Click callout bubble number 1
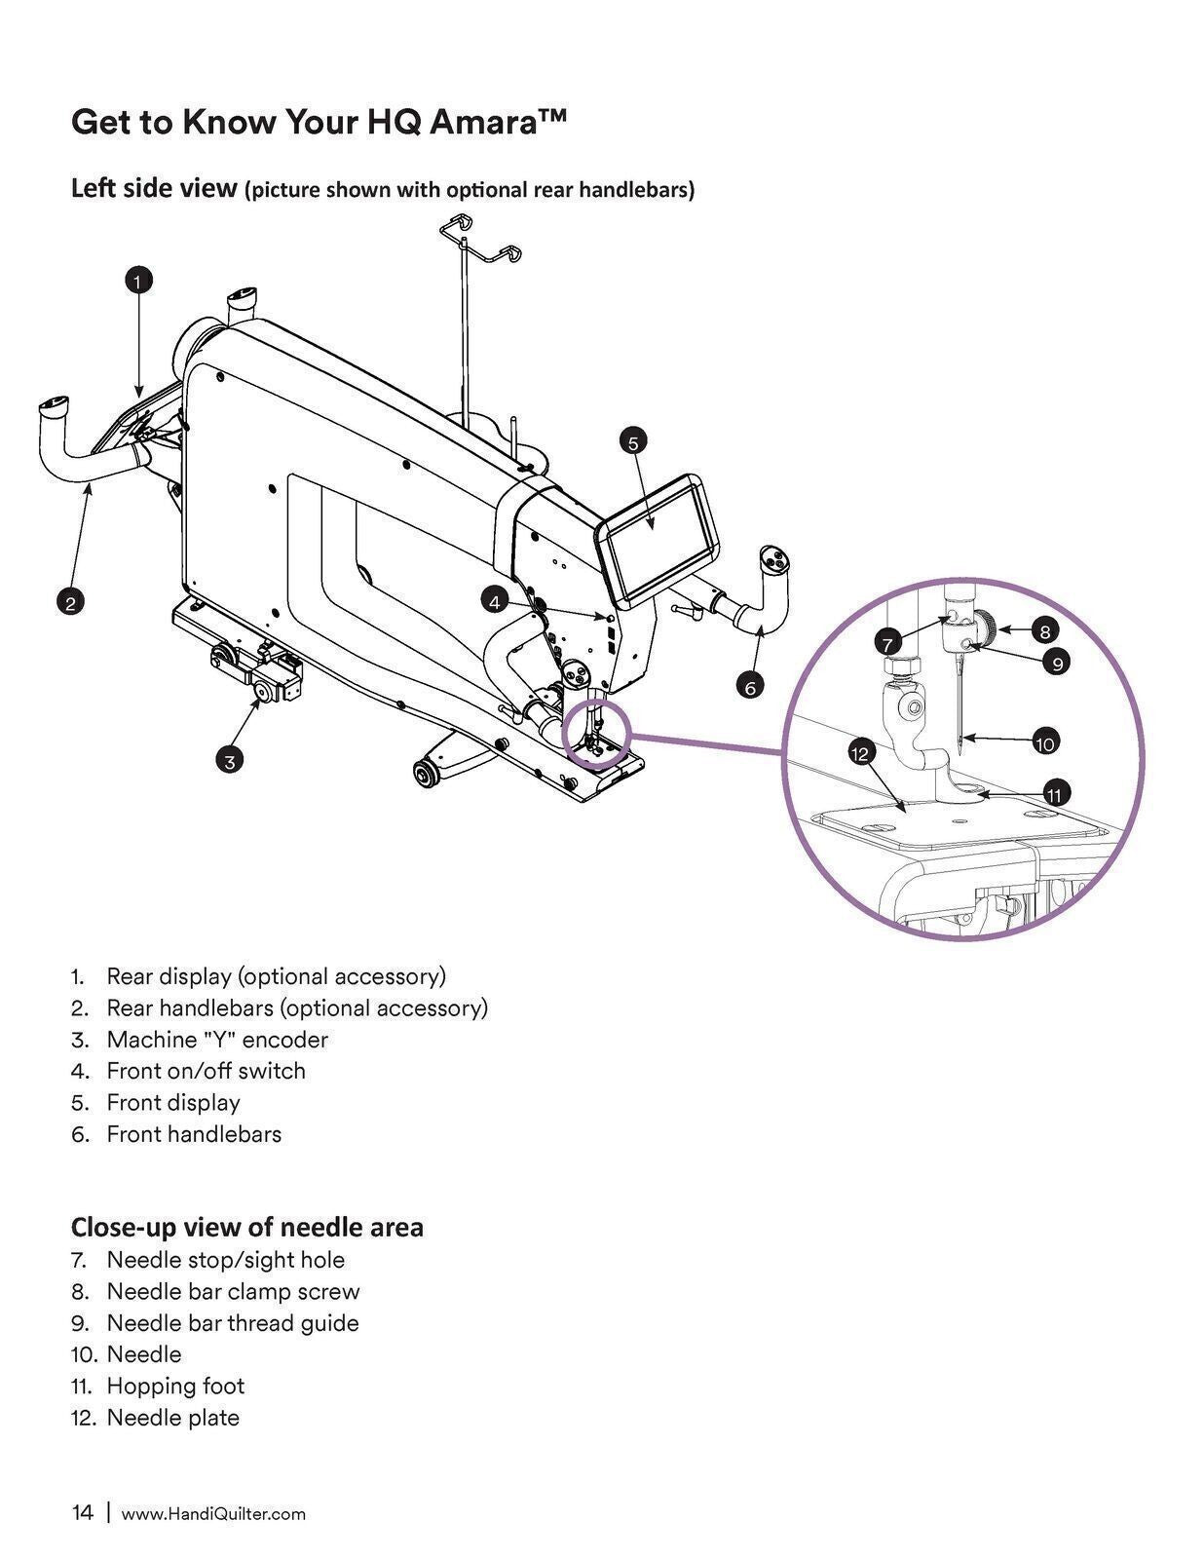pyautogui.click(x=138, y=281)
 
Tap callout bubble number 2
pyautogui.click(x=70, y=602)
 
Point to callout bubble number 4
pyautogui.click(x=495, y=602)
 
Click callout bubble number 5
pyautogui.click(x=632, y=442)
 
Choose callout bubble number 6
pyautogui.click(x=749, y=687)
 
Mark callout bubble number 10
pyautogui.click(x=1043, y=743)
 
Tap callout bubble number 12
pyautogui.click(x=860, y=753)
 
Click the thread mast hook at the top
pyautogui.click(x=474, y=238)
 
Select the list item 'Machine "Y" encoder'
pyautogui.click(x=216, y=1039)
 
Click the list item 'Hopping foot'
pyautogui.click(x=175, y=1386)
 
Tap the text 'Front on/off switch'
pyautogui.click(x=206, y=1071)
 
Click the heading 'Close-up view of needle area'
pyautogui.click(x=246, y=1226)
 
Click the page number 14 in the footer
pyautogui.click(x=83, y=1512)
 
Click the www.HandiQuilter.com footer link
pyautogui.click(x=212, y=1513)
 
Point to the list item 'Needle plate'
pyautogui.click(x=172, y=1418)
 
